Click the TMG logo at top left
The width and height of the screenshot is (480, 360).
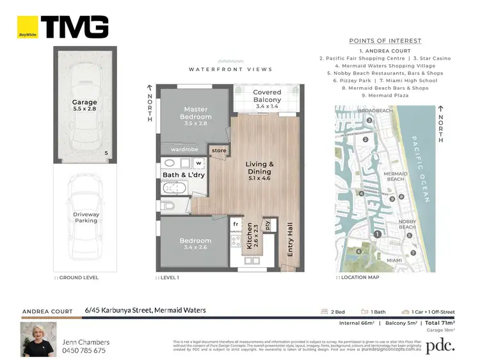(x=74, y=27)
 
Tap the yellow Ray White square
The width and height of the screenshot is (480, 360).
(x=27, y=27)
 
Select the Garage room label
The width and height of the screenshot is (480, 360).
(x=84, y=106)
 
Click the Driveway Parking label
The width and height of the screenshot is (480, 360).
(x=86, y=218)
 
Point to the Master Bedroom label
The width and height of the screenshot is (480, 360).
(x=196, y=113)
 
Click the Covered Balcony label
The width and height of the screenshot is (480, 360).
(x=267, y=96)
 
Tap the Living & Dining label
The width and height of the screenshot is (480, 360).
(x=260, y=168)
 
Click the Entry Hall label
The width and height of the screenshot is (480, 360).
(x=290, y=240)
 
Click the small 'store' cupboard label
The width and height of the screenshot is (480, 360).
(x=219, y=151)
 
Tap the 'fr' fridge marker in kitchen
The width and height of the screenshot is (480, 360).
(x=236, y=225)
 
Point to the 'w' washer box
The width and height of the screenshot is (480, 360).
(x=198, y=163)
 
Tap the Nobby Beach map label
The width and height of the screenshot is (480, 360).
(x=408, y=224)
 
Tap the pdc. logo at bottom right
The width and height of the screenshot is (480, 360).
(x=441, y=345)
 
